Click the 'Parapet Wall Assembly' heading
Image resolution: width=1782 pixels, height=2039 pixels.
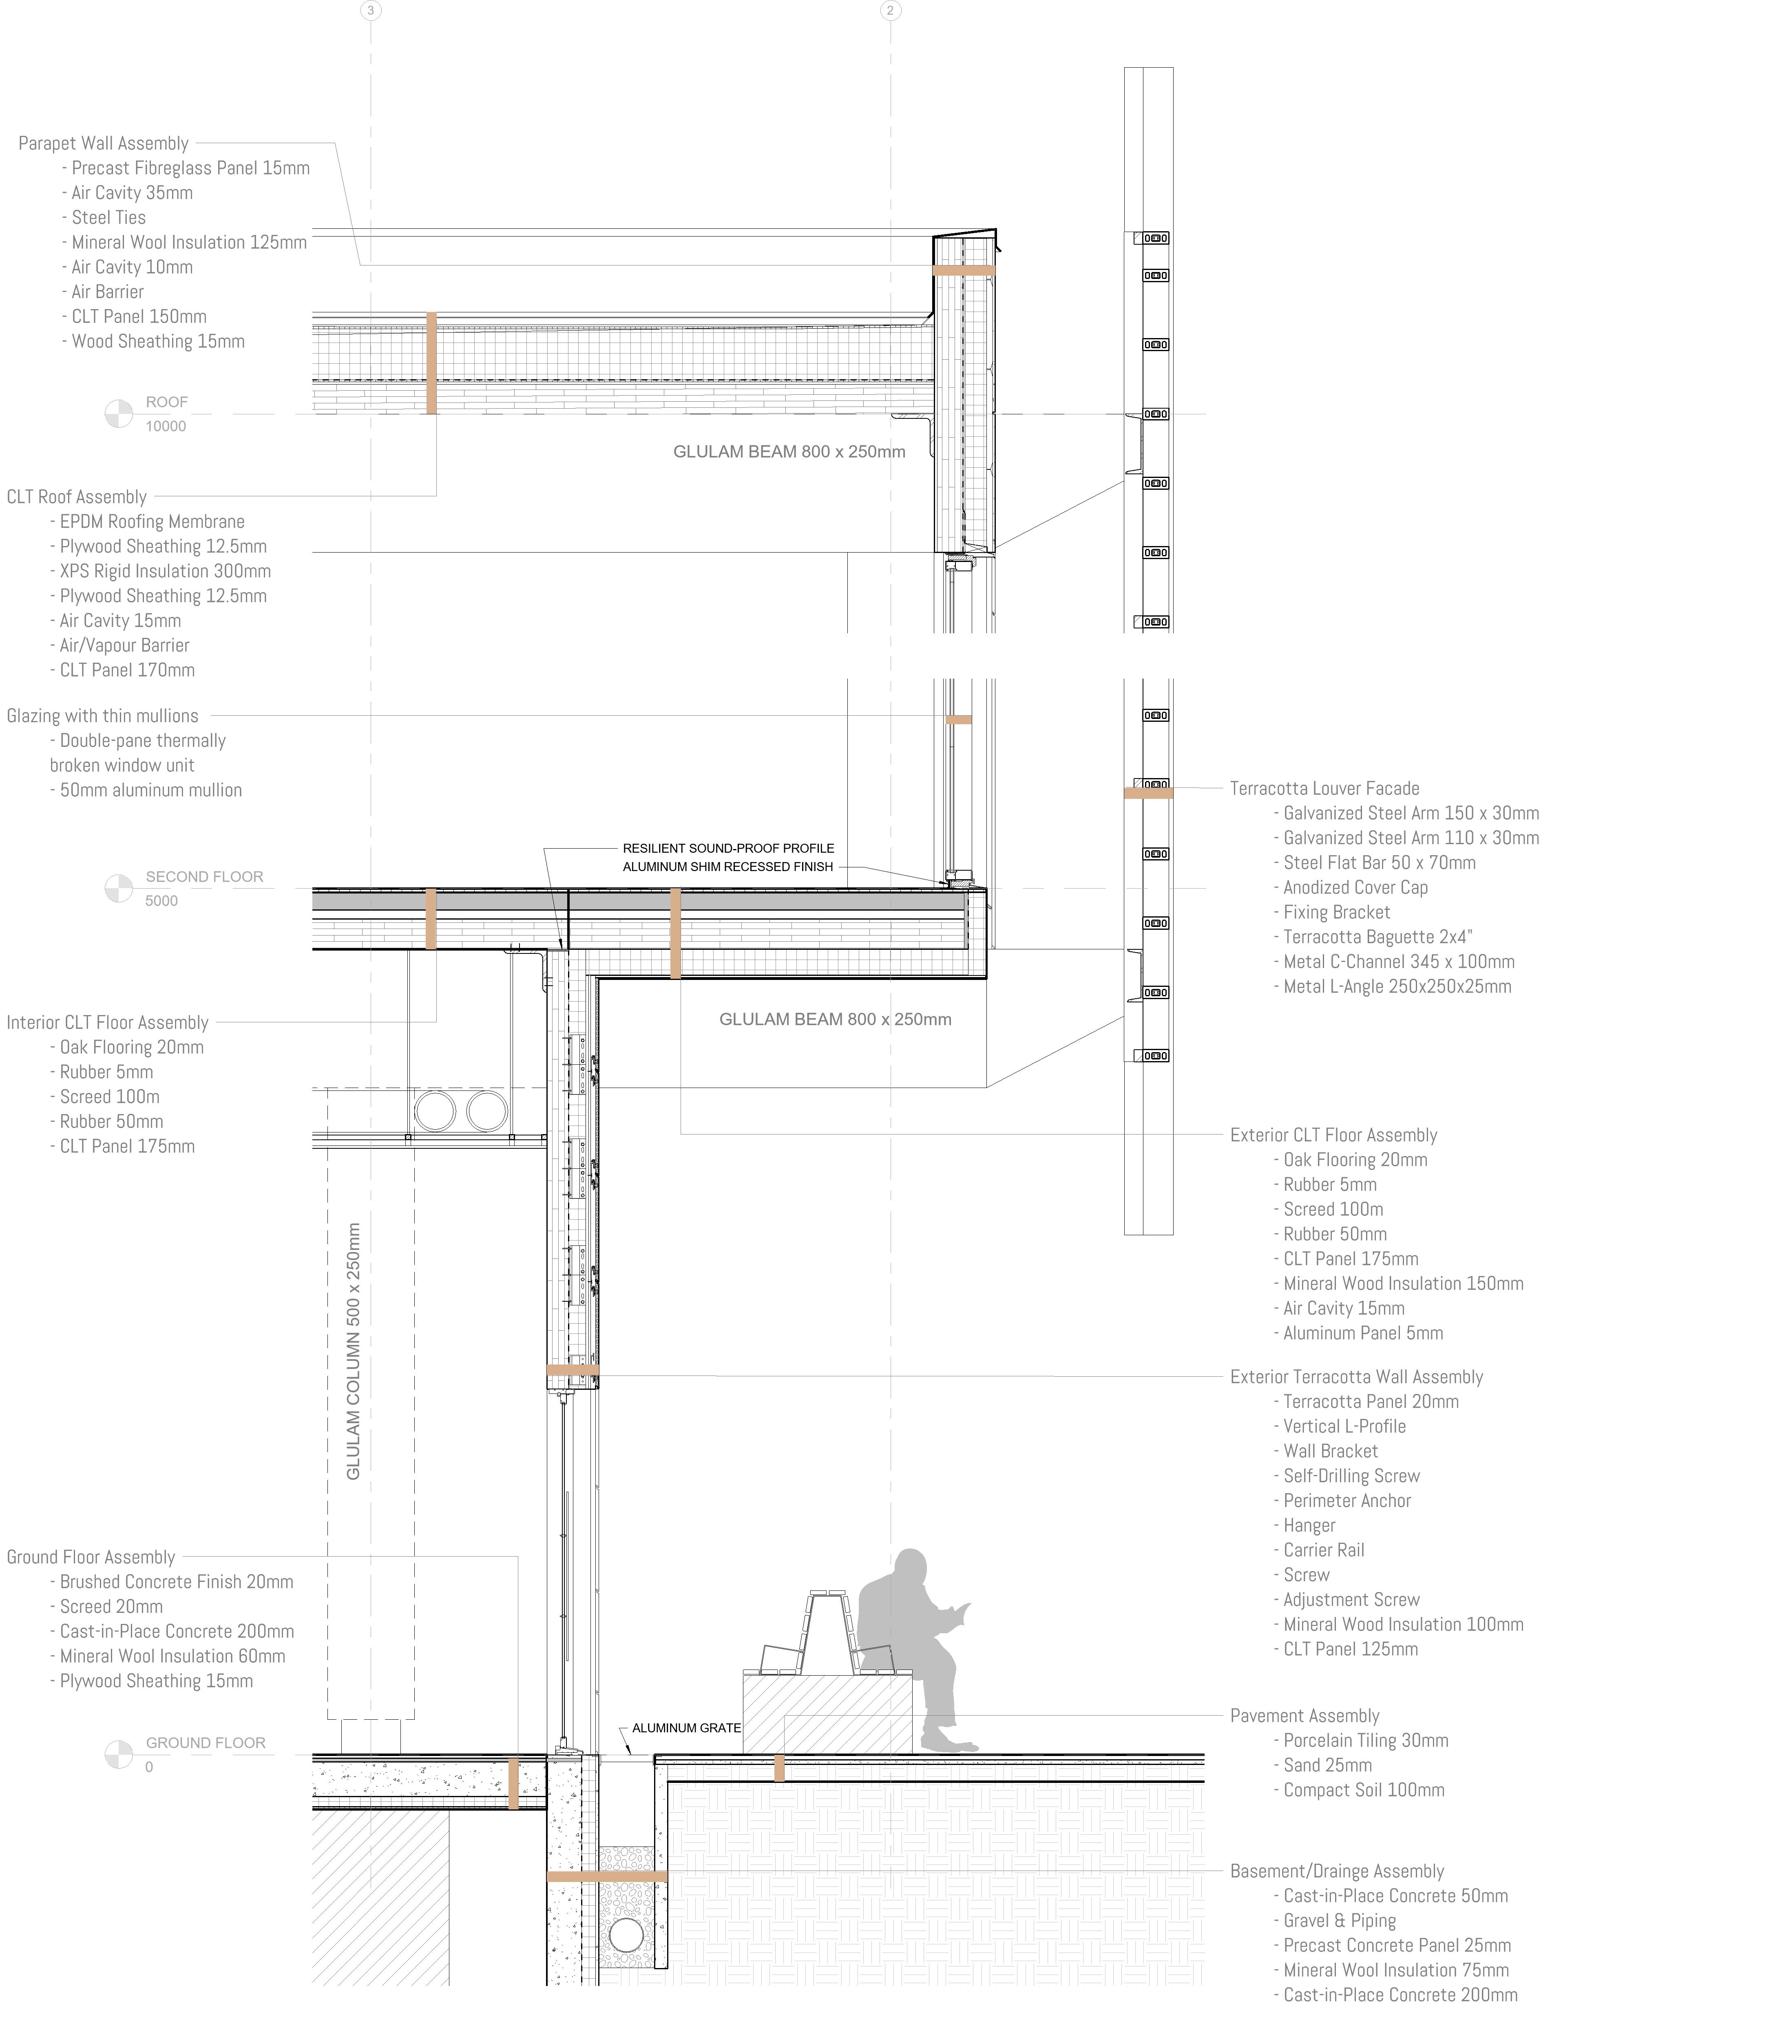pyautogui.click(x=104, y=143)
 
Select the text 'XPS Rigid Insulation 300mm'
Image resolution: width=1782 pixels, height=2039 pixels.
pyautogui.click(x=165, y=571)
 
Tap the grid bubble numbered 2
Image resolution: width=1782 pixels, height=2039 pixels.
pyautogui.click(x=890, y=11)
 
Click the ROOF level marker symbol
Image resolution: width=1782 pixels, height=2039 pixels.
pyautogui.click(x=118, y=414)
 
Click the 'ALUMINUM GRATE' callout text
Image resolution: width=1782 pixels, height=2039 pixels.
pyautogui.click(x=686, y=1728)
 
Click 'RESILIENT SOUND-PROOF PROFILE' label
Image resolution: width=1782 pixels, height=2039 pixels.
pyautogui.click(x=728, y=848)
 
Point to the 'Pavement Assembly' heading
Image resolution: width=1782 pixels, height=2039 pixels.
pyautogui.click(x=1304, y=1716)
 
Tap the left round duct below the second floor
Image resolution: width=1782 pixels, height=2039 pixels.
pyautogui.click(x=435, y=1111)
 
